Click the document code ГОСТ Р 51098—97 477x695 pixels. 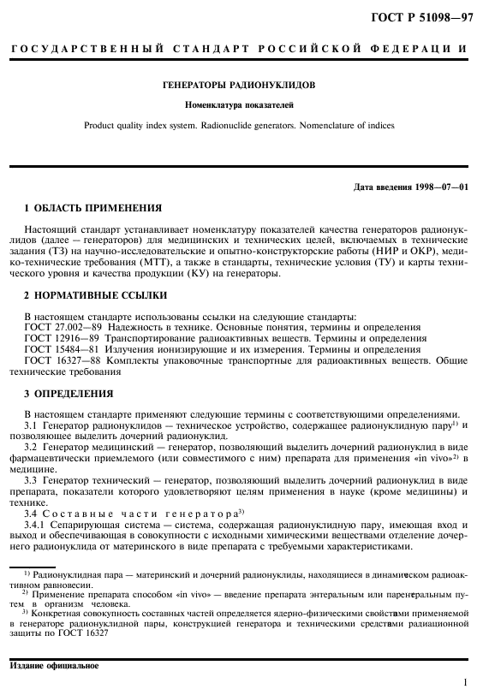point(425,15)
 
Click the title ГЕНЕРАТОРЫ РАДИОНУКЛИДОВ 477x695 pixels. point(239,86)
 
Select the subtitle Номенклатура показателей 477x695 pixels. point(239,105)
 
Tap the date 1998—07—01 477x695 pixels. point(437,187)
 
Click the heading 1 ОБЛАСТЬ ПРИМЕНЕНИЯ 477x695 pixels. point(81,208)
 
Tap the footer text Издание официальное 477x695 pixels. point(54,665)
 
